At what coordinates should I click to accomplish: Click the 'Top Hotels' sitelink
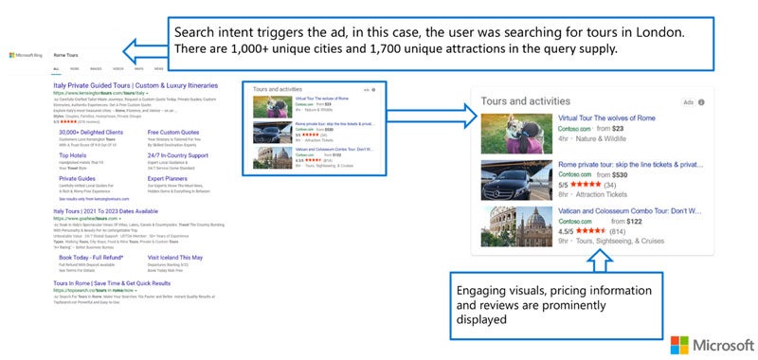[73, 154]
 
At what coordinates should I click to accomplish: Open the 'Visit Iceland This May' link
[180, 256]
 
